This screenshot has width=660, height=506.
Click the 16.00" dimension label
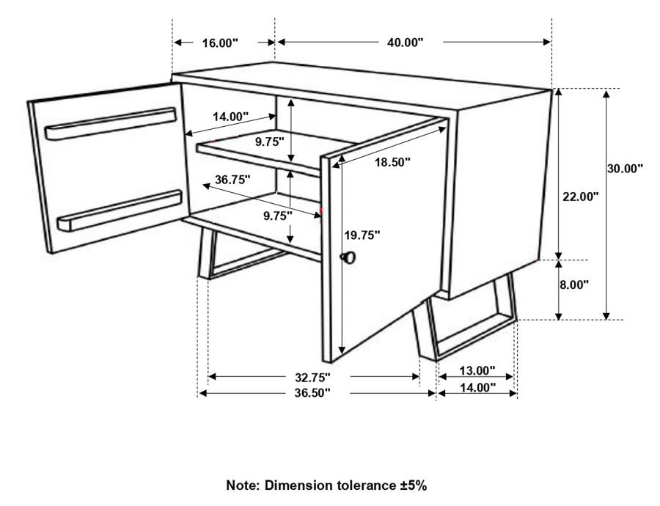tap(220, 43)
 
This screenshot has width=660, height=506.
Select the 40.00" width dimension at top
tap(406, 43)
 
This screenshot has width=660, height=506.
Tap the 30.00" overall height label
tap(625, 168)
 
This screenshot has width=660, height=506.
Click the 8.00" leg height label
tap(574, 285)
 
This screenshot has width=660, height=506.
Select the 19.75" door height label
tap(362, 235)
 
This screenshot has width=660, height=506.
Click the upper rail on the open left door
tap(111, 123)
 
